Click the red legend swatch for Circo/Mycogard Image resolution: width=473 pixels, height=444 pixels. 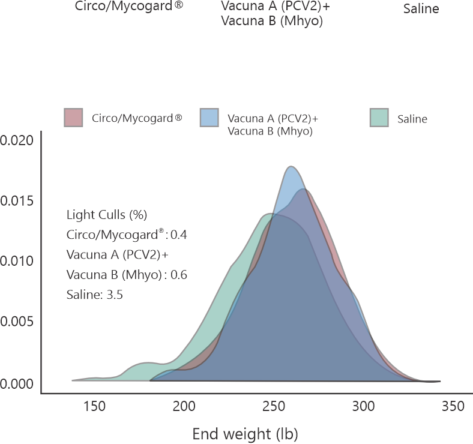[73, 118]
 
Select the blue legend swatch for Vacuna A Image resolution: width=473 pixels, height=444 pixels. [209, 118]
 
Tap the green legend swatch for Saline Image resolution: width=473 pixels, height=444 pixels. [378, 118]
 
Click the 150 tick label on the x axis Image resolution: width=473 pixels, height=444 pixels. [94, 407]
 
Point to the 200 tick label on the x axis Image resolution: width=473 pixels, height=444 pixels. [184, 407]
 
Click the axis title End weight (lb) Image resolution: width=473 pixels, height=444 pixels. [245, 434]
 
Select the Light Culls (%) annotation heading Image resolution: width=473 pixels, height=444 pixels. [107, 215]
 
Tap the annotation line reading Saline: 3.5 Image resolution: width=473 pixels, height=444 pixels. [95, 295]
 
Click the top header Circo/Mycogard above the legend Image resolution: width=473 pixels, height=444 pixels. [129, 8]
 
